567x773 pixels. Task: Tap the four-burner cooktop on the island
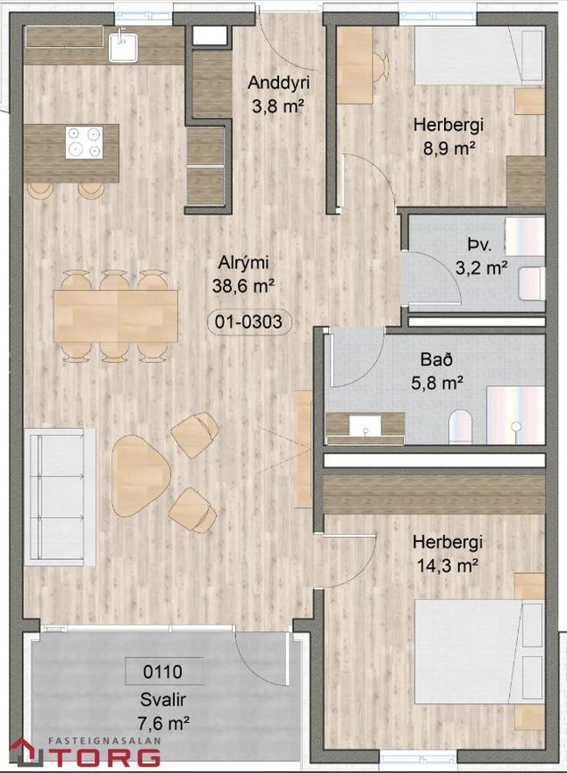pos(85,143)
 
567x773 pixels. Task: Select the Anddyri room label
pos(278,82)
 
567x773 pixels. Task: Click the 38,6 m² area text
pos(243,286)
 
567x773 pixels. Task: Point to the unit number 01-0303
pos(249,322)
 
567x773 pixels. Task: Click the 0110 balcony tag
pos(163,671)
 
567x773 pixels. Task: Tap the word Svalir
pos(163,700)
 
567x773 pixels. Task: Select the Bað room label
pos(437,359)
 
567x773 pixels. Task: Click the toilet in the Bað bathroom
pos(461,426)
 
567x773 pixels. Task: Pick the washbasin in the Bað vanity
pos(366,426)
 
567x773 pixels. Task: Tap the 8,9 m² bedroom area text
pos(448,148)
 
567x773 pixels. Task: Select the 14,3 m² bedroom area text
pos(448,565)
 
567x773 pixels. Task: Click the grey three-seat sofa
pos(60,497)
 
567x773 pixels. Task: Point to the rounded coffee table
pos(141,475)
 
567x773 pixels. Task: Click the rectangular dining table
pos(116,316)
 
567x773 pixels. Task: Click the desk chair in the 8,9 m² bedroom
pos(381,67)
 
